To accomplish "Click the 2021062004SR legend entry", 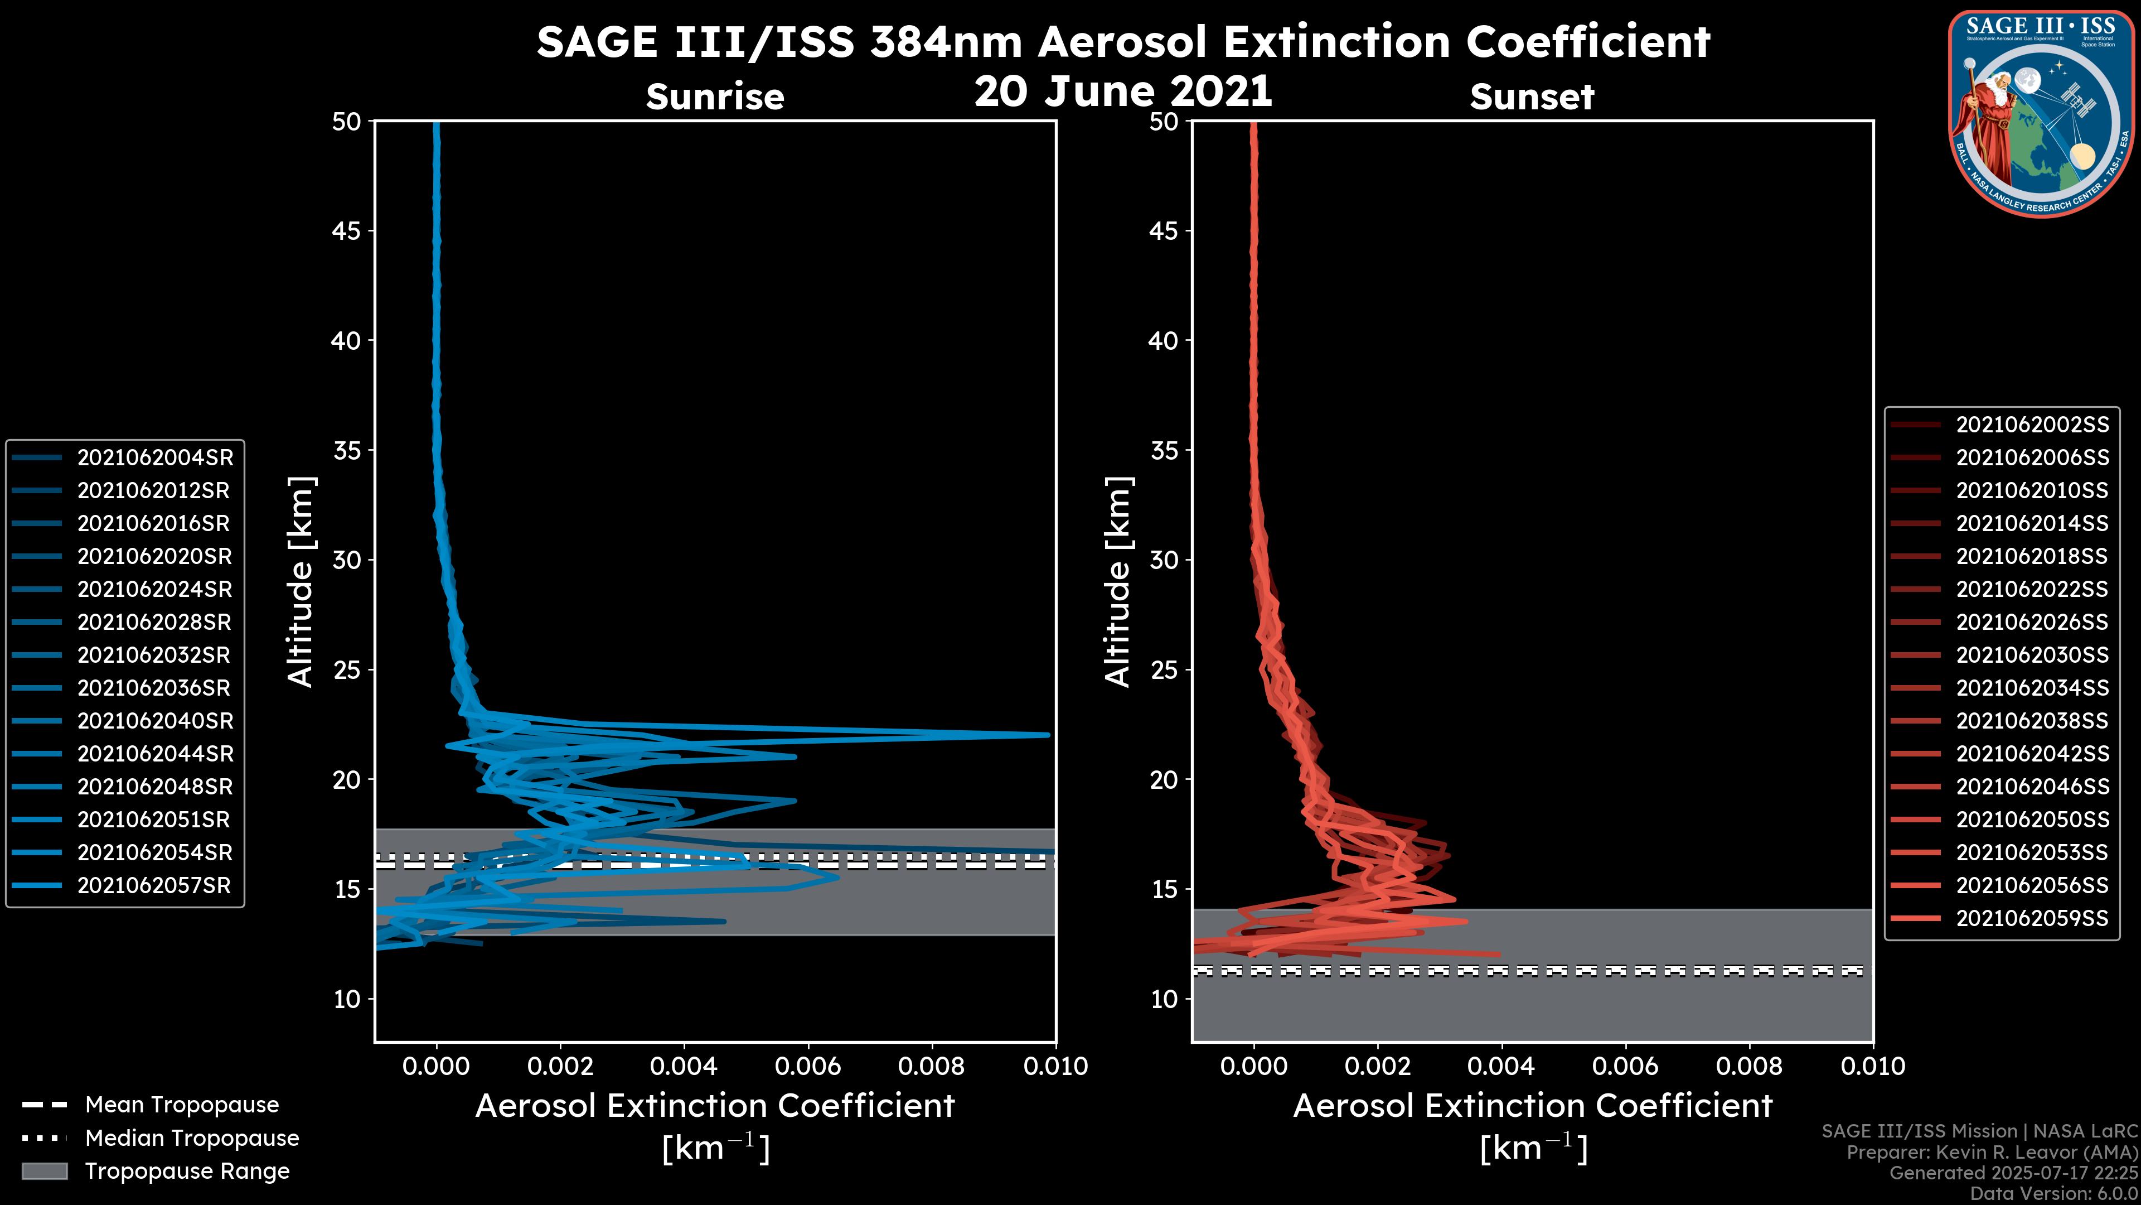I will pyautogui.click(x=154, y=457).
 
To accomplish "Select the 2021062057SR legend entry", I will pyautogui.click(x=154, y=886).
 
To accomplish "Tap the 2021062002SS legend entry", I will pyautogui.click(x=2032, y=425).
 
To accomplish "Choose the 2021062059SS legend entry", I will pyautogui.click(x=2032, y=918).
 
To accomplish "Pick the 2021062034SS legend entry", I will pyautogui.click(x=2032, y=688).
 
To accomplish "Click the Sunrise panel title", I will pyautogui.click(x=715, y=97).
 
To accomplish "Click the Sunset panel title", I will pyautogui.click(x=1532, y=97).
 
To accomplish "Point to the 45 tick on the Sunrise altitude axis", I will pyautogui.click(x=347, y=230).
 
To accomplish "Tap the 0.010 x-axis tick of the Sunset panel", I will pyautogui.click(x=1873, y=1066).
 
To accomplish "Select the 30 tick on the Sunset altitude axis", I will pyautogui.click(x=1164, y=560).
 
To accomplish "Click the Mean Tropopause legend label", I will pyautogui.click(x=182, y=1105).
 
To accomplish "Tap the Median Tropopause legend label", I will pyautogui.click(x=192, y=1139).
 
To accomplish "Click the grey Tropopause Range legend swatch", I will pyautogui.click(x=44, y=1171).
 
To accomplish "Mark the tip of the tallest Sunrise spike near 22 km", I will pyautogui.click(x=1048, y=734).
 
